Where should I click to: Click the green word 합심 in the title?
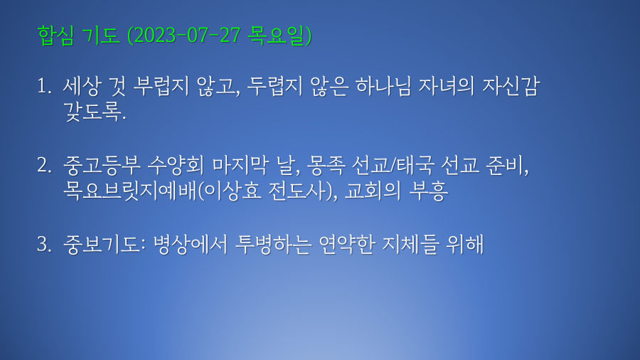coord(55,35)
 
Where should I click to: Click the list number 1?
coord(43,87)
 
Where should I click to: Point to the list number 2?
coord(44,165)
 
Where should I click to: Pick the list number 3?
coord(44,244)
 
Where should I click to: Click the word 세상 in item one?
coord(81,86)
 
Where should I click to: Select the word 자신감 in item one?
coord(511,86)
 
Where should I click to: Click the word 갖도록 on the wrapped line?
coord(92,112)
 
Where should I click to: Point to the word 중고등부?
coord(102,165)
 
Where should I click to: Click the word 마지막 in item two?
coord(240,165)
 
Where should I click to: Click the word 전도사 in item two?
coord(298,191)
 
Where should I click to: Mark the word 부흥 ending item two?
coord(428,191)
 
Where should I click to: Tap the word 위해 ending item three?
coord(465,244)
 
